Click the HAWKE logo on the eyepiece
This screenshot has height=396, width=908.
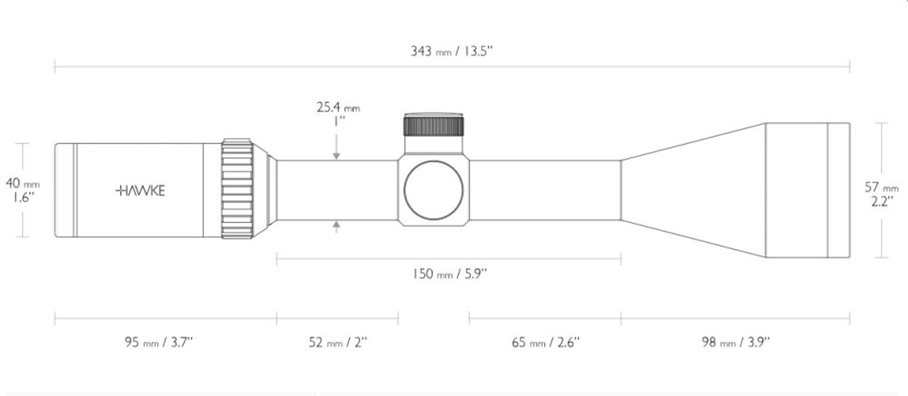pos(140,190)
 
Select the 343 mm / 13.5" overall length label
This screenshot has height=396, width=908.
pos(452,52)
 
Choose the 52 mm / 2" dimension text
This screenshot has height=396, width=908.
pos(338,343)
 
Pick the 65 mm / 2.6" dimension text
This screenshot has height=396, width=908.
pos(546,343)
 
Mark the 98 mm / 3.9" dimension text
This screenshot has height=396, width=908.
pos(735,343)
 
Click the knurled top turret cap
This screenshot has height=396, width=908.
pos(433,125)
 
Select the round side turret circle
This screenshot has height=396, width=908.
pos(433,190)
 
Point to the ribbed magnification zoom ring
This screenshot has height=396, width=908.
pos(237,189)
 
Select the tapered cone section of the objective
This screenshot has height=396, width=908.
pos(692,190)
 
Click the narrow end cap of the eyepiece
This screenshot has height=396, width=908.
pos(65,190)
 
